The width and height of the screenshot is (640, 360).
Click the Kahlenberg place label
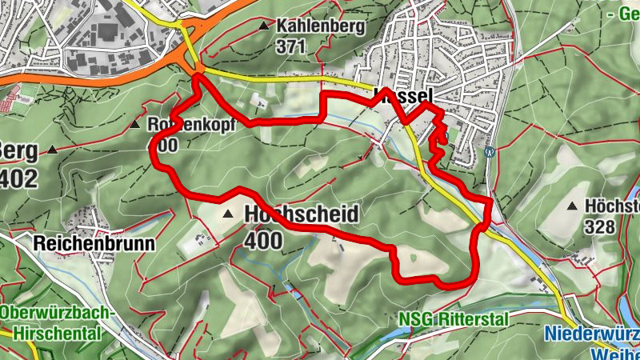click(x=320, y=26)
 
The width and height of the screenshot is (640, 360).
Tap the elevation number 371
click(x=291, y=46)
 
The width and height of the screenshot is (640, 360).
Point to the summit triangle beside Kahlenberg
click(x=265, y=26)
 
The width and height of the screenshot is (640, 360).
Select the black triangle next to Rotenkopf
click(x=136, y=126)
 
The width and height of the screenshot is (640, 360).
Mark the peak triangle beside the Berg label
click(x=52, y=150)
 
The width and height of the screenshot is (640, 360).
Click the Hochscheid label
click(x=300, y=214)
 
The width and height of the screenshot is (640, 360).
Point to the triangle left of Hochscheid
click(x=229, y=214)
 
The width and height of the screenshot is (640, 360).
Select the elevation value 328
click(x=599, y=226)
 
